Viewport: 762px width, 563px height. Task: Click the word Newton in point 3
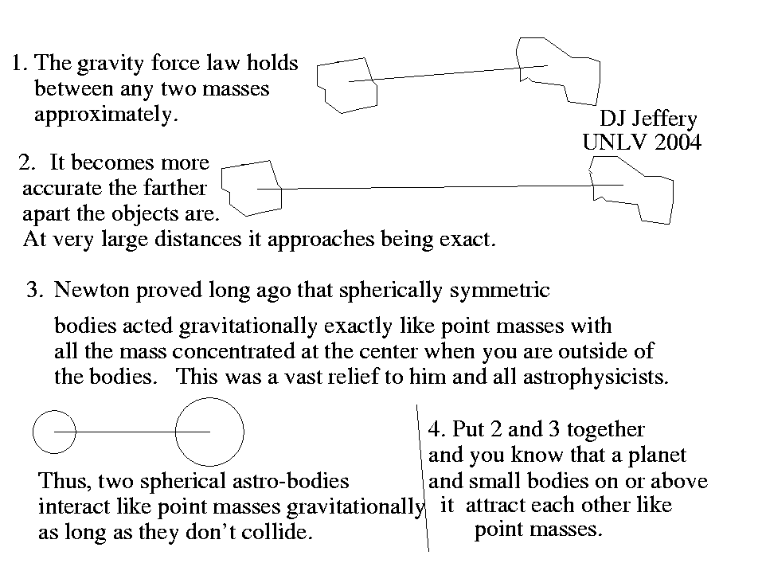pos(92,290)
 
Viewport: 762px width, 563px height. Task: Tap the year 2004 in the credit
pos(678,143)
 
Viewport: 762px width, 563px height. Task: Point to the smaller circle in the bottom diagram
pos(33,432)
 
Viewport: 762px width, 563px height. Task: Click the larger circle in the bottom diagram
pos(175,432)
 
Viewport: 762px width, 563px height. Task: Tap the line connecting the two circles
pos(131,432)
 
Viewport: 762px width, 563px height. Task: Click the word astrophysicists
pos(596,377)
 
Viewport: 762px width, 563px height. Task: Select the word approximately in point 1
pos(106,115)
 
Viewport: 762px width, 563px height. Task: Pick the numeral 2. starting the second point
pos(27,162)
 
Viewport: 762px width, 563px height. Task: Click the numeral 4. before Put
pos(437,429)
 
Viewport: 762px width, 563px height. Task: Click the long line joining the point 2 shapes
pos(440,186)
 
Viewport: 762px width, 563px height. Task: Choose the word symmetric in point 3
pos(499,291)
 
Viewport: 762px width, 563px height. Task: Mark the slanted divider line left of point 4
pos(422,478)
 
